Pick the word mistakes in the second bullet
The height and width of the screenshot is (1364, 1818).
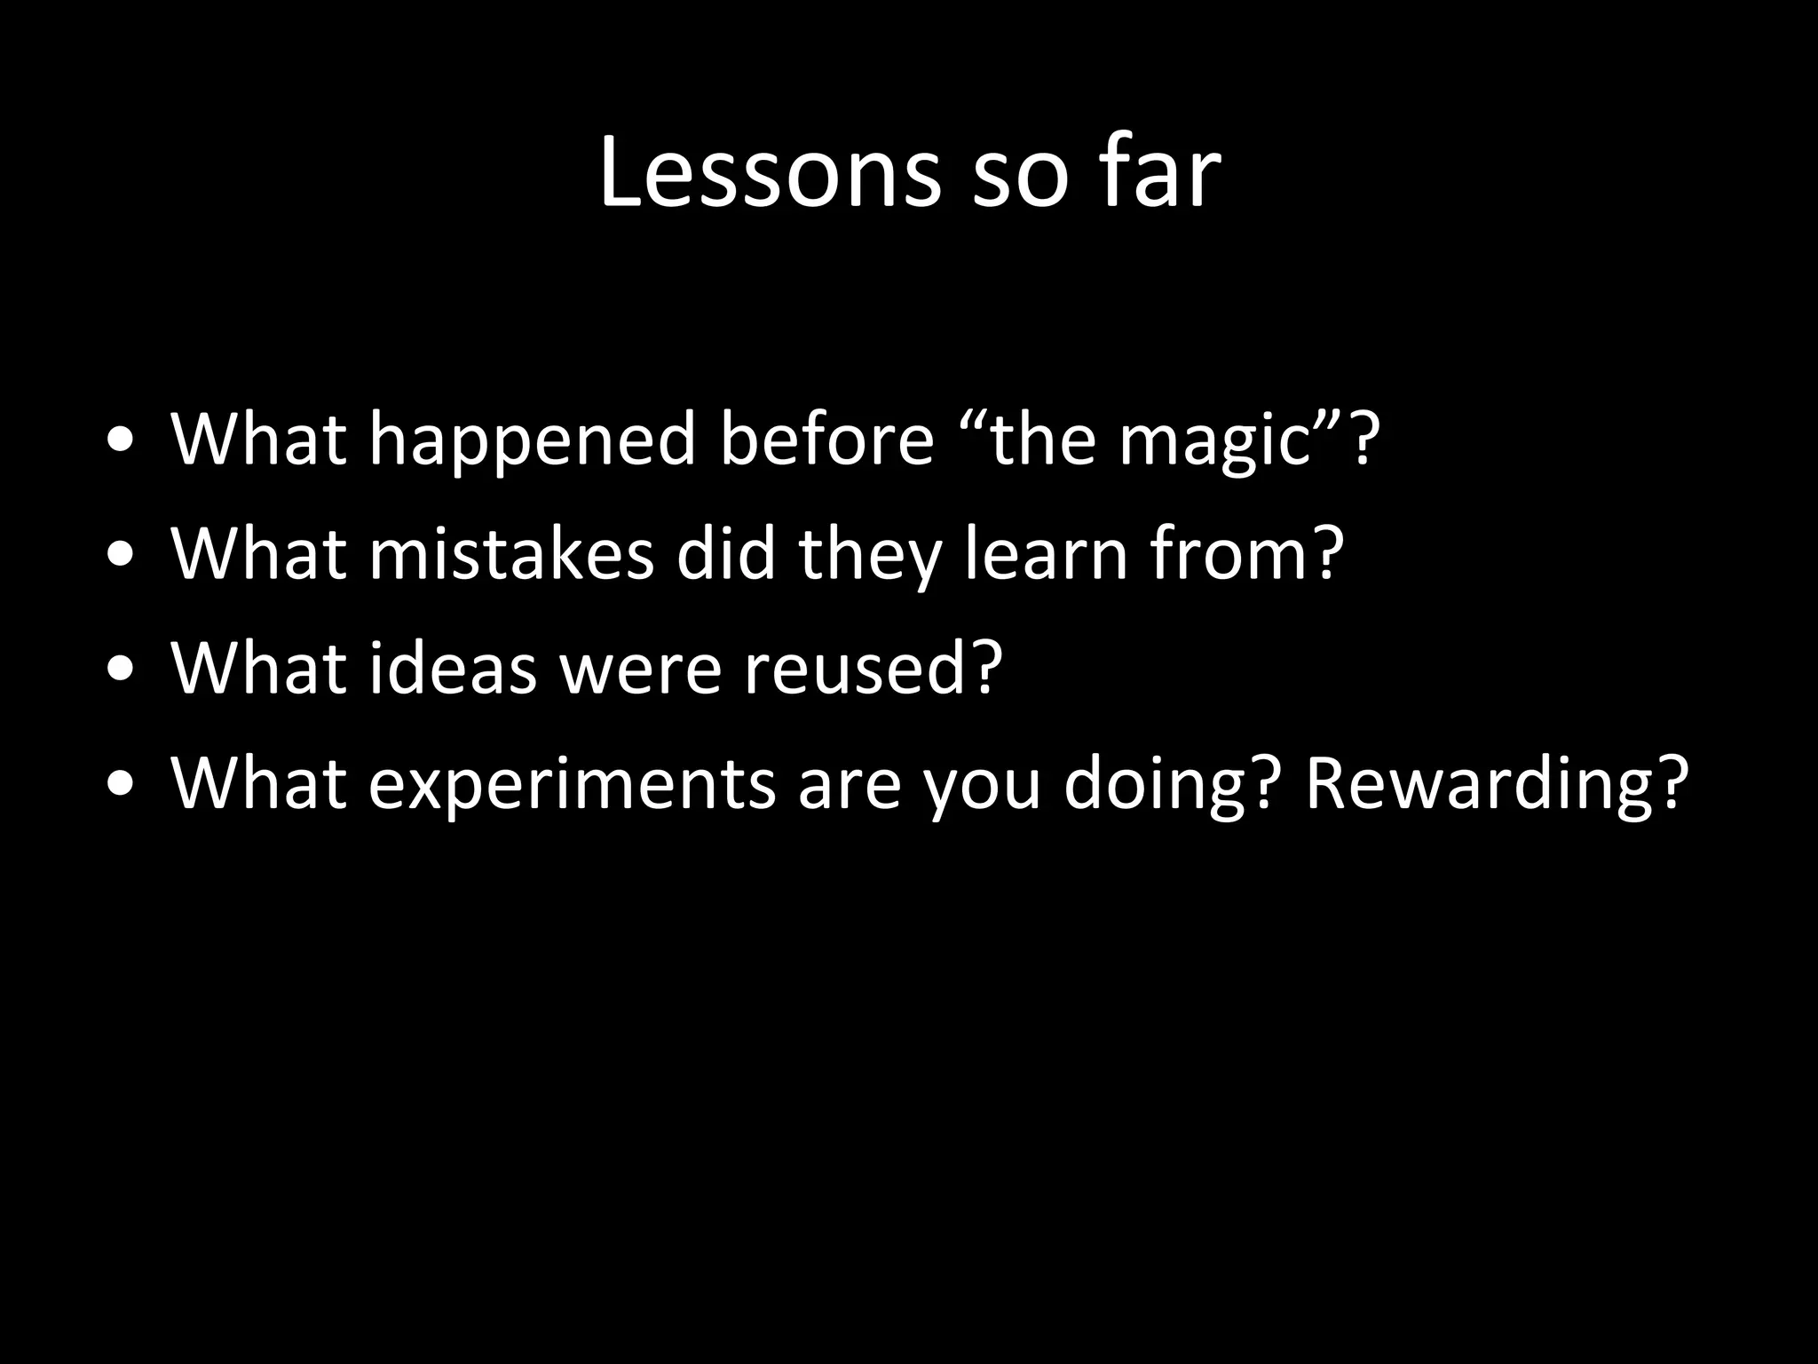tap(510, 553)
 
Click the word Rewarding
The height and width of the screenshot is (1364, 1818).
tap(1481, 783)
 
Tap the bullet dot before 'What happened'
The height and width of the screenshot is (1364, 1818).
tap(121, 441)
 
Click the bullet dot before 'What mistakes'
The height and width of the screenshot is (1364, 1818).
tap(121, 556)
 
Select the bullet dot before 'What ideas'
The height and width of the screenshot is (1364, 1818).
tap(121, 670)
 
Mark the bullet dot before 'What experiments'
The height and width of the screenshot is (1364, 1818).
tap(121, 786)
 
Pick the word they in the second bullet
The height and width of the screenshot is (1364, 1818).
tap(870, 553)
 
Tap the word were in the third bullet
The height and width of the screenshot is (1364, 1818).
tap(640, 668)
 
